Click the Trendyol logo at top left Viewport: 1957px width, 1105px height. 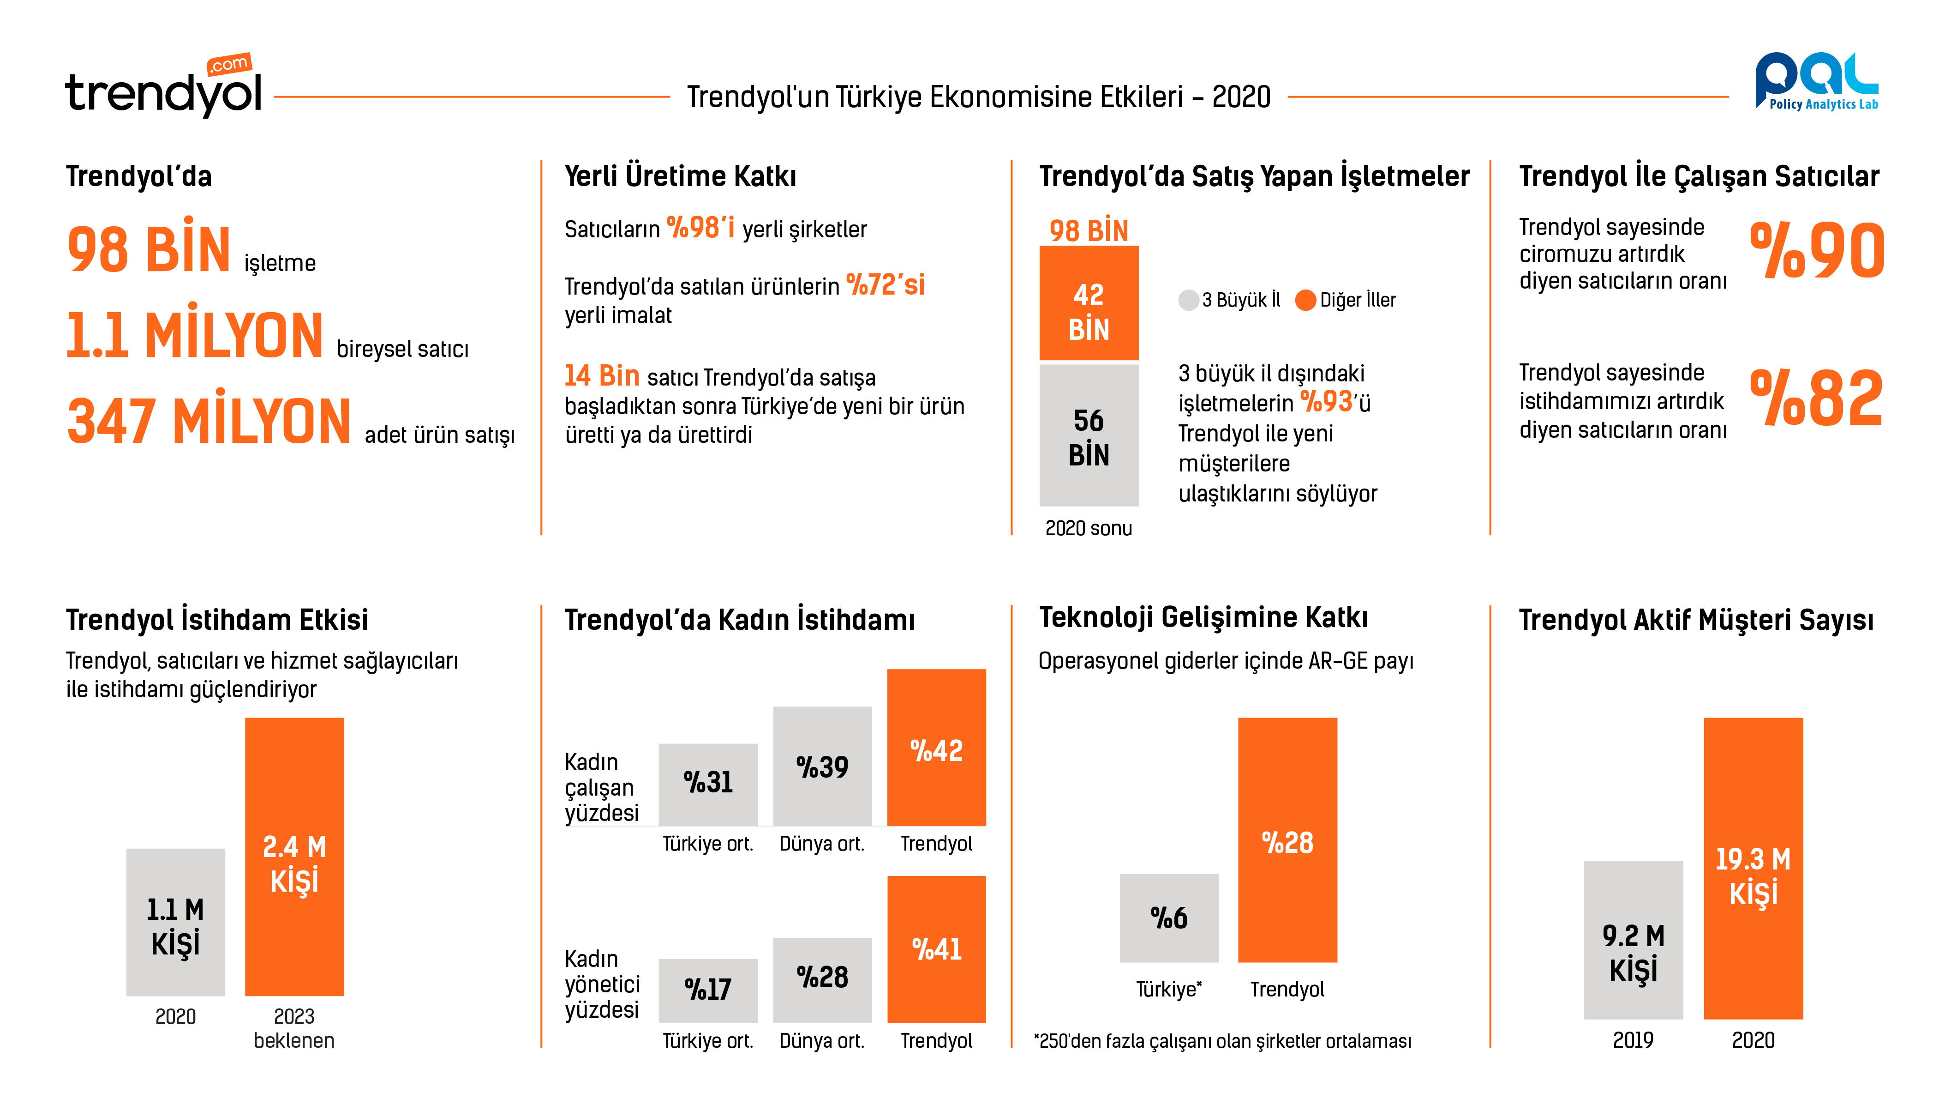coord(163,87)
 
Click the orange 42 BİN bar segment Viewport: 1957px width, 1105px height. coord(1088,304)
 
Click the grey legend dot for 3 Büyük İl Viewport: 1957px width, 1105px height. coord(1187,300)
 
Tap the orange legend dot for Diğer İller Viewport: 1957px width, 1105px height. coord(1305,300)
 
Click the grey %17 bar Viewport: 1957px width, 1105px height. coord(707,990)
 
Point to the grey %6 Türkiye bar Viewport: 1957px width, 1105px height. coord(1168,918)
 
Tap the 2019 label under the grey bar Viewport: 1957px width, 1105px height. coord(1633,1039)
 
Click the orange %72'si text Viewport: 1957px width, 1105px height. coord(885,285)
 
